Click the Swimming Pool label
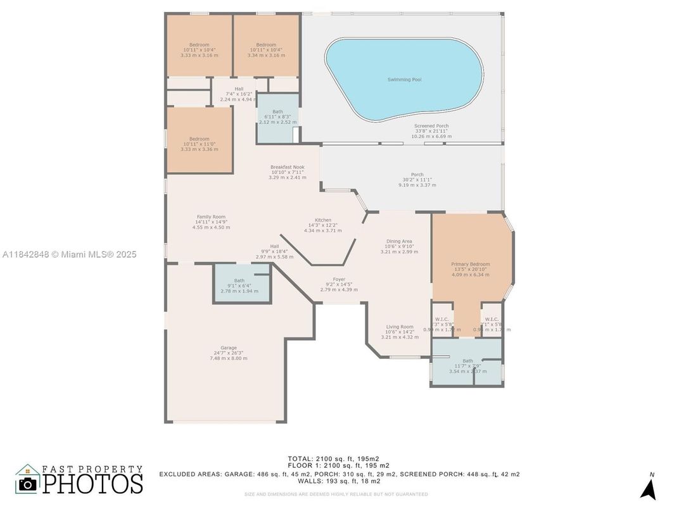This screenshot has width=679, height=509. pyautogui.click(x=404, y=80)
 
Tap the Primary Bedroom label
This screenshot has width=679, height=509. pyautogui.click(x=470, y=264)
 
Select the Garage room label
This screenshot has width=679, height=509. pyautogui.click(x=229, y=348)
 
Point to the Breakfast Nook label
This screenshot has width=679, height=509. pyautogui.click(x=287, y=167)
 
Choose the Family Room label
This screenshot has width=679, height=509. pyautogui.click(x=211, y=217)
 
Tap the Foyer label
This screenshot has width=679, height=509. pyautogui.click(x=339, y=279)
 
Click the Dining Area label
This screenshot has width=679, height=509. pyautogui.click(x=399, y=241)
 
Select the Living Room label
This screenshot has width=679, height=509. pyautogui.click(x=400, y=327)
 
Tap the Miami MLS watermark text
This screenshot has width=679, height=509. pyautogui.click(x=70, y=254)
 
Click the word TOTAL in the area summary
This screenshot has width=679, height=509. pyautogui.click(x=300, y=458)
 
